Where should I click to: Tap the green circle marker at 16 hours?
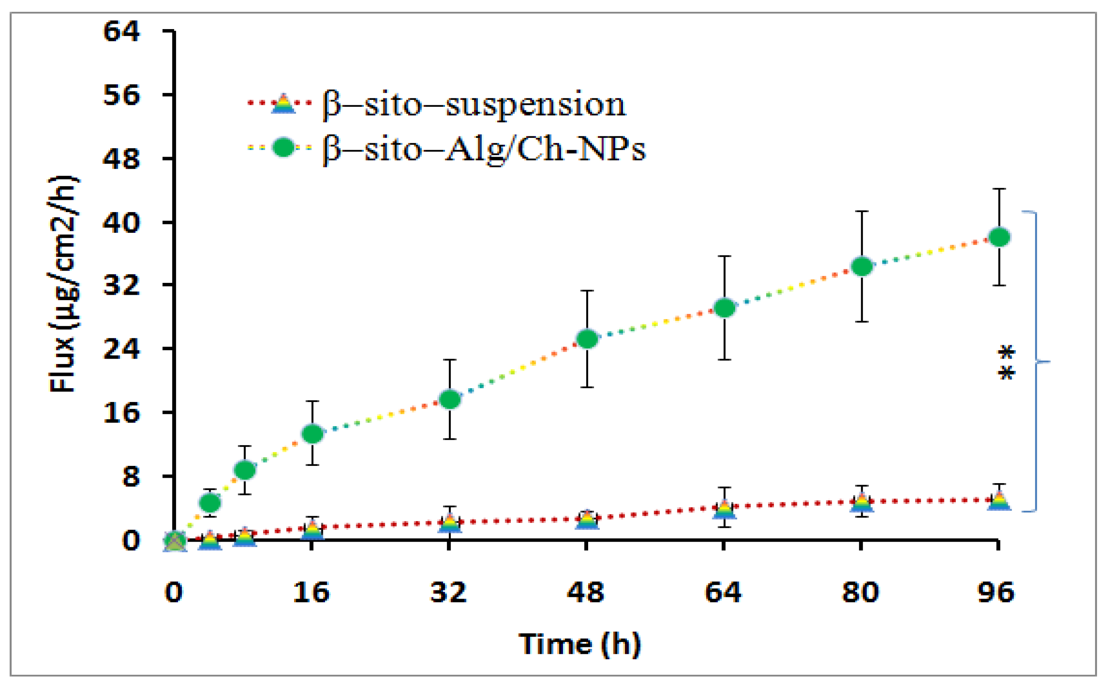click(x=312, y=434)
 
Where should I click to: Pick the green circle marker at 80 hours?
click(x=862, y=266)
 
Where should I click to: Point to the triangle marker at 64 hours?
click(x=724, y=509)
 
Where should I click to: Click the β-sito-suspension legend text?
click(x=474, y=105)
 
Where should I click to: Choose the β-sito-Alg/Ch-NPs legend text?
click(x=484, y=149)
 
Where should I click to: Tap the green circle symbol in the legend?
click(x=283, y=147)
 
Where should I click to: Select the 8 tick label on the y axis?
click(x=130, y=476)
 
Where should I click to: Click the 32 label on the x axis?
click(x=448, y=592)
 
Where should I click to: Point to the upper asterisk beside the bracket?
click(x=1006, y=352)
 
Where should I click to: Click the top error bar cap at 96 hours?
click(x=999, y=189)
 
